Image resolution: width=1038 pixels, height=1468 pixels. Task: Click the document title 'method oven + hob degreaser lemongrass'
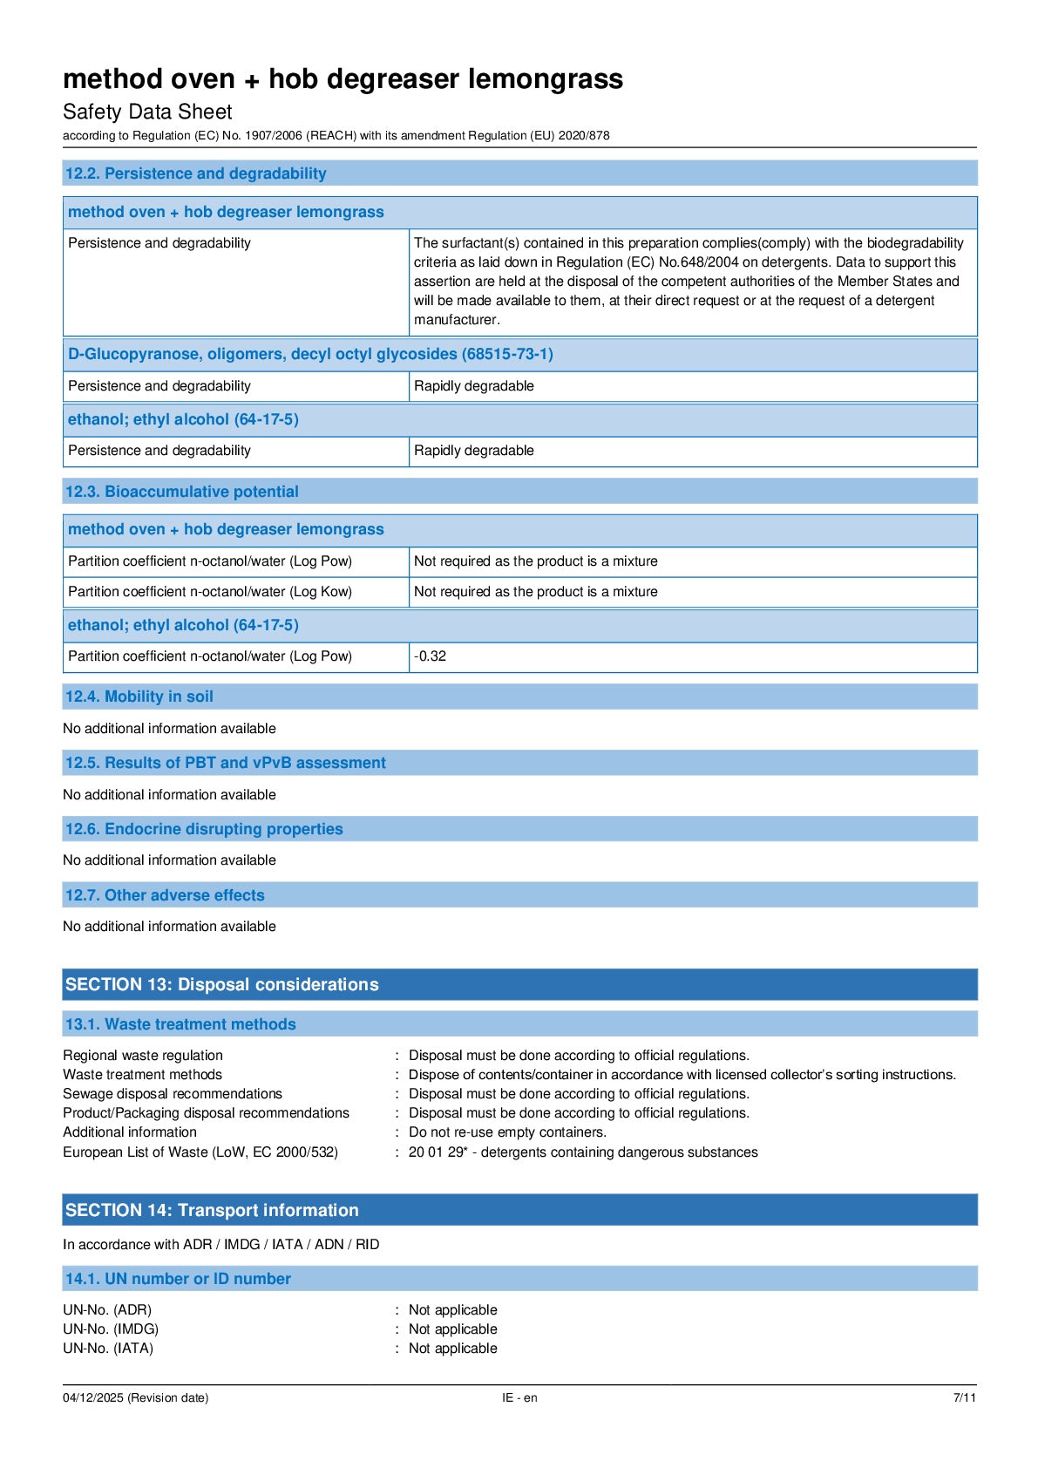(343, 79)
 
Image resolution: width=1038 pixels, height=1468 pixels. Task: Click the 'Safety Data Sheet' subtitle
(147, 112)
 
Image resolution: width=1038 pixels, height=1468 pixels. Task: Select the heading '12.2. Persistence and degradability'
(195, 173)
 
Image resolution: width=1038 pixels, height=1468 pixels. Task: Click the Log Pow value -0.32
(431, 656)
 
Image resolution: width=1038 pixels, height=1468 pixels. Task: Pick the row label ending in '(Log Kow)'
(210, 592)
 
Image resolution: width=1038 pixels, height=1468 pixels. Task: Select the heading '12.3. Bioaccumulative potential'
(181, 492)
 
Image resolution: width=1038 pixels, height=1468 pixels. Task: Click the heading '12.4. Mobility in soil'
(139, 697)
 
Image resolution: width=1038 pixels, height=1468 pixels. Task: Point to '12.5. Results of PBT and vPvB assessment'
(225, 763)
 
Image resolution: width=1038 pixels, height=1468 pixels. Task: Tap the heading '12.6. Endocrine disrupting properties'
(204, 829)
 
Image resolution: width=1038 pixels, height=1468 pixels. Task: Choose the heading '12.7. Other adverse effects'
(164, 895)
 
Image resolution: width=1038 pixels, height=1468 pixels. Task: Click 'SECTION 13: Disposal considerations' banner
(222, 984)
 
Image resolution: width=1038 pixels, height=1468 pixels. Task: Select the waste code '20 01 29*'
(438, 1152)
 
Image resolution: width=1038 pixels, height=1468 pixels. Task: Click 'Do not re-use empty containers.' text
(507, 1132)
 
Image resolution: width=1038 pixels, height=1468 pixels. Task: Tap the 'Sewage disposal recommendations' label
(173, 1094)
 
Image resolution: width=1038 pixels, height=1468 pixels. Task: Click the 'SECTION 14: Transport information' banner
(212, 1210)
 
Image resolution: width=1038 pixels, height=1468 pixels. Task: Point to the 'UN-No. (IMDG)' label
(111, 1329)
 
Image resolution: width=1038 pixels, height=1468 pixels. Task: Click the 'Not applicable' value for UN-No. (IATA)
(453, 1349)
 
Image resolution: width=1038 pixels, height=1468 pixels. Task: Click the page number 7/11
(965, 1398)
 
